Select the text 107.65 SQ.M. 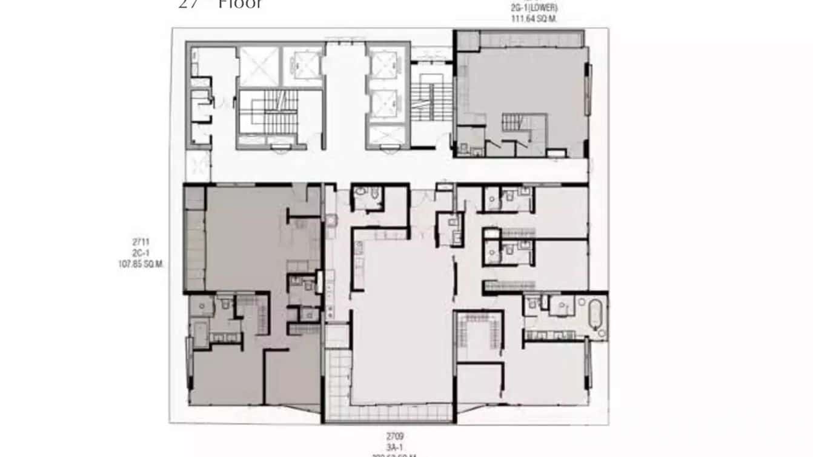point(141,264)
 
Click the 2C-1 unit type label point(141,253)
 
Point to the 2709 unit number point(395,436)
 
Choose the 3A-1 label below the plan point(395,447)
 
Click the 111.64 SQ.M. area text point(534,19)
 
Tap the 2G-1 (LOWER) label point(534,8)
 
